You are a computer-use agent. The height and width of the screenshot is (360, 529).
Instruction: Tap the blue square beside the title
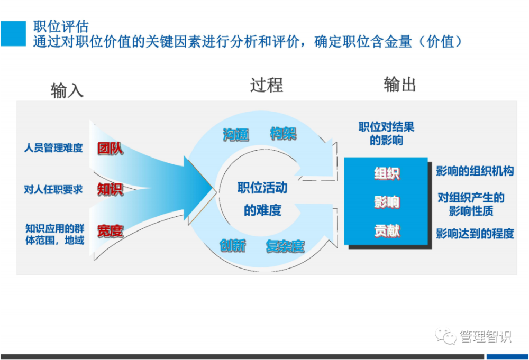(x=13, y=33)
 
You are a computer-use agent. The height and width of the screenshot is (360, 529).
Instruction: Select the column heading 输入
(x=67, y=90)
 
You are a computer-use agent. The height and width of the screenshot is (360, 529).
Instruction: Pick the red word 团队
(x=110, y=149)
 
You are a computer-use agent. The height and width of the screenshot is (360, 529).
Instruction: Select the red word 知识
(x=110, y=189)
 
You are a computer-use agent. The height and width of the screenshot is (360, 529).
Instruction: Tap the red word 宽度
(x=110, y=230)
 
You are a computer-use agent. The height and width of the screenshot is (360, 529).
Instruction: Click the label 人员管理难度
(x=53, y=148)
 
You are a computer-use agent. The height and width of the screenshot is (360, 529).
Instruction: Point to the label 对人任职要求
(x=53, y=189)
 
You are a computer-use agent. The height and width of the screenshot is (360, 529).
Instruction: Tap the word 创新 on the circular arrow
(x=233, y=246)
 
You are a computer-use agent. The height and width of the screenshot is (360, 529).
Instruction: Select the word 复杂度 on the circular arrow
(x=285, y=246)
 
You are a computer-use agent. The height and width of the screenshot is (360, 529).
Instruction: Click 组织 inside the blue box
(x=387, y=173)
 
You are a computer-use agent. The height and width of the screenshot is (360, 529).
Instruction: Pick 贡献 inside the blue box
(x=387, y=230)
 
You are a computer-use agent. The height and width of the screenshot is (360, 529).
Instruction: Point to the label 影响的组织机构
(x=475, y=171)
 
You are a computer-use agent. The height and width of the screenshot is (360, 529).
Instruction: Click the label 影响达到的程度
(x=475, y=233)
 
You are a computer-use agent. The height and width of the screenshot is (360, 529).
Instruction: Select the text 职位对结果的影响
(x=386, y=134)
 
